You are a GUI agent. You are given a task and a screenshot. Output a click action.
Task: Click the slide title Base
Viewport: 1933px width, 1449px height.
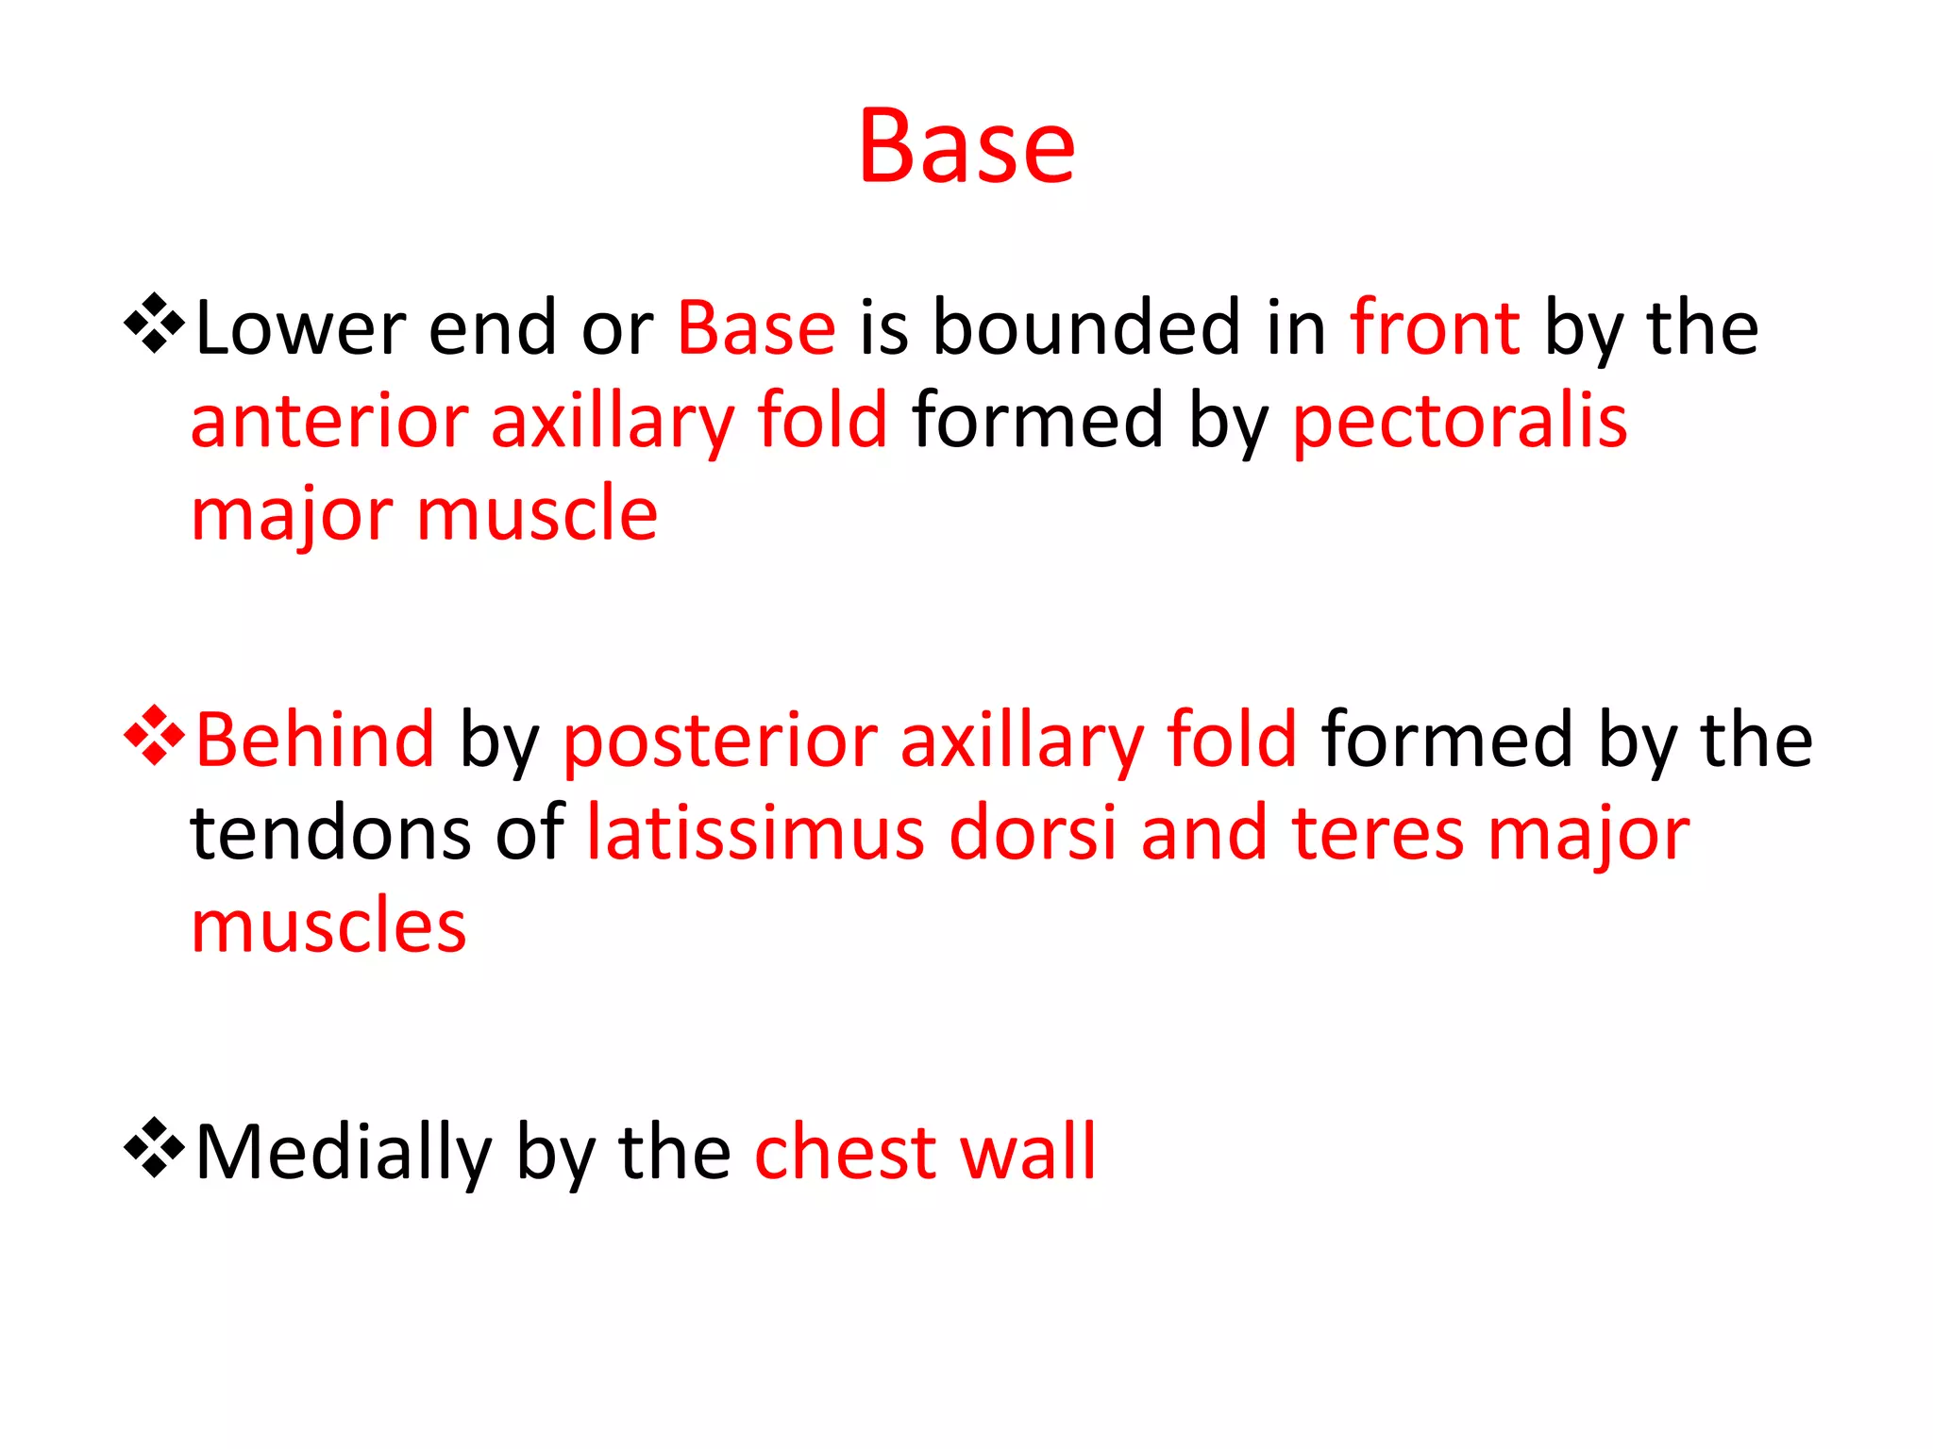pyautogui.click(x=966, y=146)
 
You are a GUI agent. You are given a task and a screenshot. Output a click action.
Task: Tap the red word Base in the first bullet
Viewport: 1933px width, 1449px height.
pyautogui.click(x=756, y=328)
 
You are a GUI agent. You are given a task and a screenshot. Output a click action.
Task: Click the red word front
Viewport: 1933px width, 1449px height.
pyautogui.click(x=1435, y=328)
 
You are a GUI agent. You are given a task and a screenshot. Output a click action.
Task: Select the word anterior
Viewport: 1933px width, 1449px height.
pyautogui.click(x=329, y=421)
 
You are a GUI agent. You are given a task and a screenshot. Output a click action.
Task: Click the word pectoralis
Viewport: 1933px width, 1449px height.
pyautogui.click(x=1459, y=423)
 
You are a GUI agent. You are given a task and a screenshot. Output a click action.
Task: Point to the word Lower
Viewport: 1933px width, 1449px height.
pyautogui.click(x=300, y=328)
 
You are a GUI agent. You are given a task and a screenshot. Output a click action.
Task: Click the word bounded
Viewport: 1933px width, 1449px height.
pyautogui.click(x=1085, y=328)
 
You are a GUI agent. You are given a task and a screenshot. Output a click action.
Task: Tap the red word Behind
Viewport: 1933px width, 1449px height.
pyautogui.click(x=314, y=740)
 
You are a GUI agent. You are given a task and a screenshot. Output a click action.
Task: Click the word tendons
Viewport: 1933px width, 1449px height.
pyautogui.click(x=329, y=834)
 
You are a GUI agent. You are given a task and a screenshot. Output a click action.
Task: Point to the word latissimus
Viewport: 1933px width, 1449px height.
pyautogui.click(x=755, y=834)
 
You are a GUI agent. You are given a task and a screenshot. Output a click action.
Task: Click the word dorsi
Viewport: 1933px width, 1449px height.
pyautogui.click(x=1033, y=834)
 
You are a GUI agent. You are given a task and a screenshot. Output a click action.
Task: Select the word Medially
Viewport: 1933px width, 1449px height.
pyautogui.click(x=344, y=1153)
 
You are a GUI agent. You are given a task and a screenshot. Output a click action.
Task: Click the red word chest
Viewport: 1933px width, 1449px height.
pyautogui.click(x=844, y=1153)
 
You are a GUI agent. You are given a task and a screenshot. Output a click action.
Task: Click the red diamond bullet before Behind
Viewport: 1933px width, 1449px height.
pyautogui.click(x=154, y=735)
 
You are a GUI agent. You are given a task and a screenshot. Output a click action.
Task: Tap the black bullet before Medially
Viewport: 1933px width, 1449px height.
pyautogui.click(x=154, y=1147)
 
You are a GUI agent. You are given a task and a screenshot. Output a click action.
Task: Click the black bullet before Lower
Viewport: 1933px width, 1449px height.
pyautogui.click(x=154, y=324)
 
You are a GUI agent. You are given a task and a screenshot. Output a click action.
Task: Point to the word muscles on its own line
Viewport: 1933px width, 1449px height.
pyautogui.click(x=328, y=926)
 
